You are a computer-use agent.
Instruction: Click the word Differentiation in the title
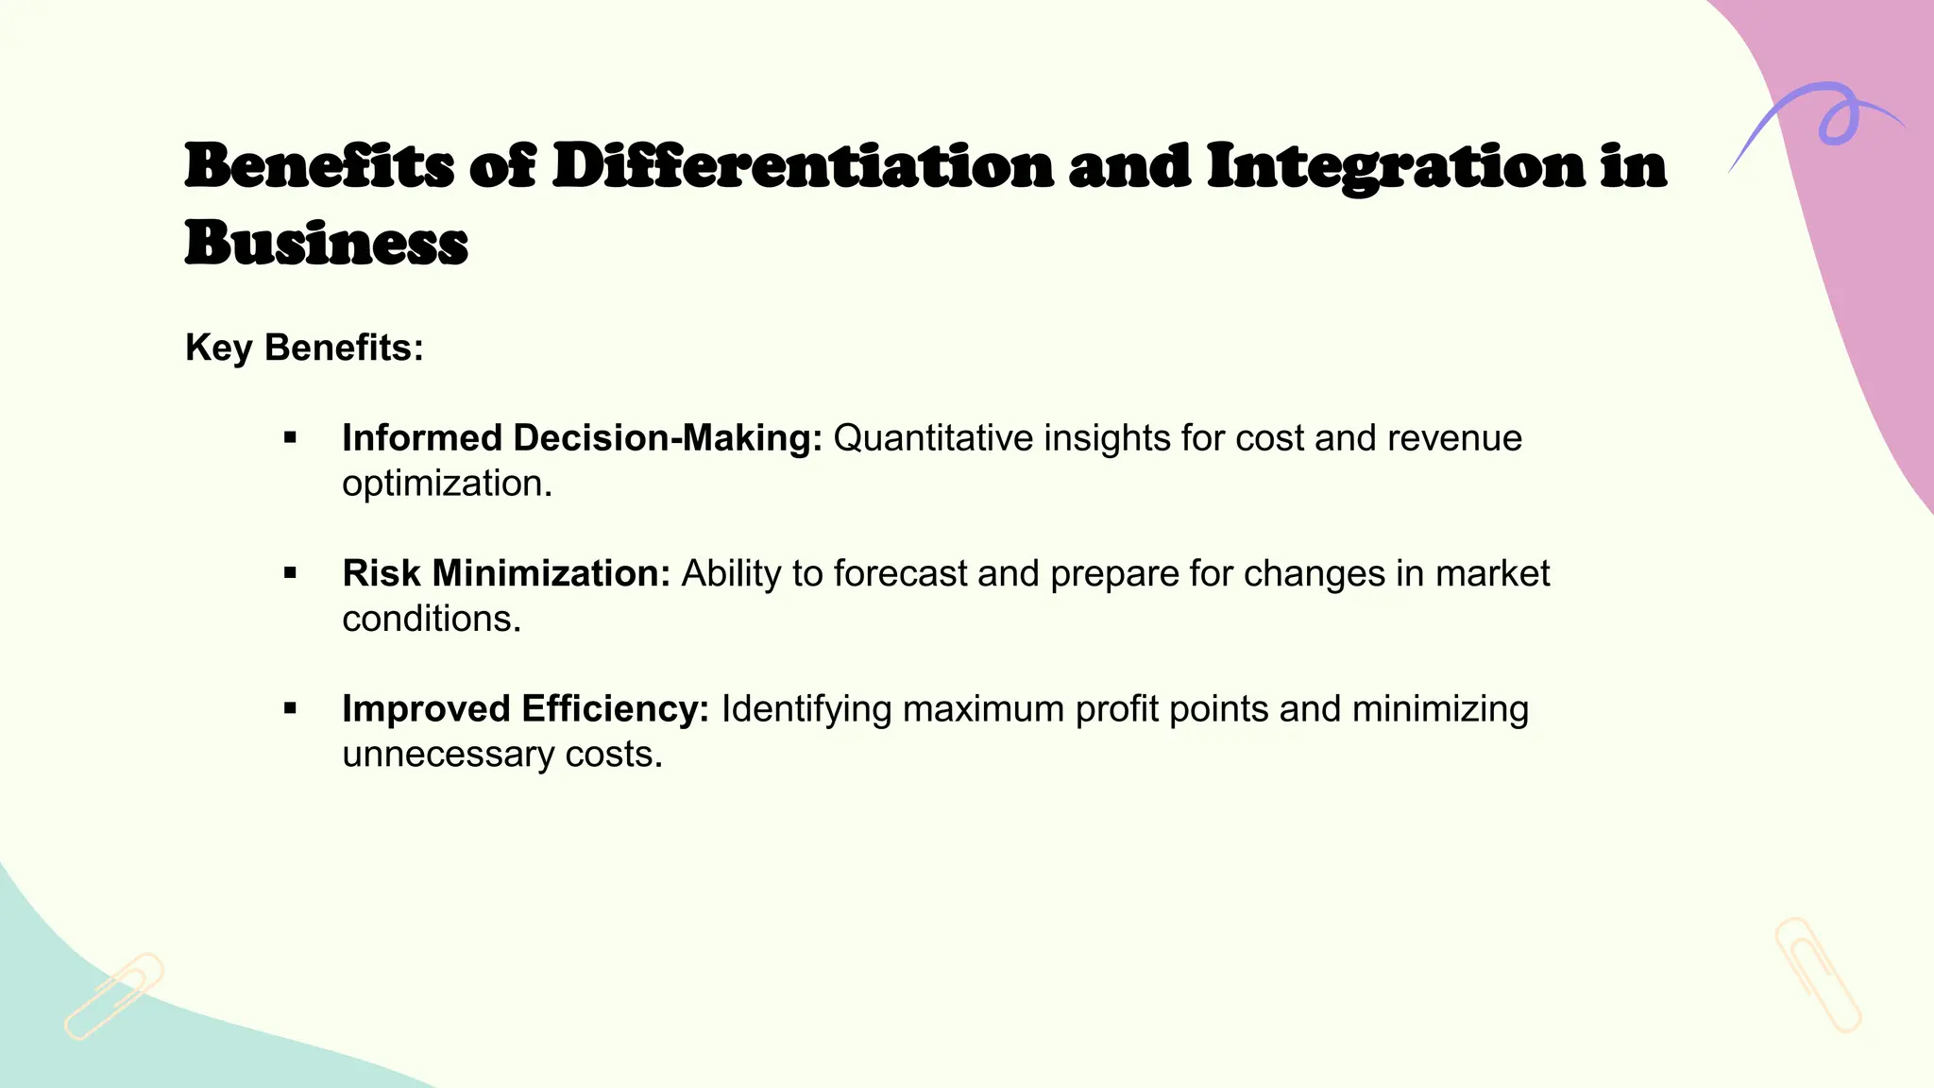(x=802, y=166)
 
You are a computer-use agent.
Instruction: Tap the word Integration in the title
(x=1395, y=166)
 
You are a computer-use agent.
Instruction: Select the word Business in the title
(x=326, y=244)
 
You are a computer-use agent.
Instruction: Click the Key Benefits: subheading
(x=304, y=348)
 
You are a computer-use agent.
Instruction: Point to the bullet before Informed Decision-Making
(x=290, y=438)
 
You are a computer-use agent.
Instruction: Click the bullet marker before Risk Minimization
(x=290, y=573)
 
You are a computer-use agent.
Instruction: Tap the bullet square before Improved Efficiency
(x=290, y=708)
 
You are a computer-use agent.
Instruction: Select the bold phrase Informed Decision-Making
(x=582, y=438)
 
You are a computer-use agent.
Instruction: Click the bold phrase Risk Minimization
(x=506, y=573)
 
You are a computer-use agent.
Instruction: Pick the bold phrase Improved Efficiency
(x=525, y=708)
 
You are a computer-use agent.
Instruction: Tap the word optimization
(x=446, y=484)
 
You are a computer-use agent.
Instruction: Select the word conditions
(x=431, y=619)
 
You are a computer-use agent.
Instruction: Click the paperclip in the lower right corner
(x=1817, y=974)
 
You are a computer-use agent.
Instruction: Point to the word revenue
(x=1454, y=438)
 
